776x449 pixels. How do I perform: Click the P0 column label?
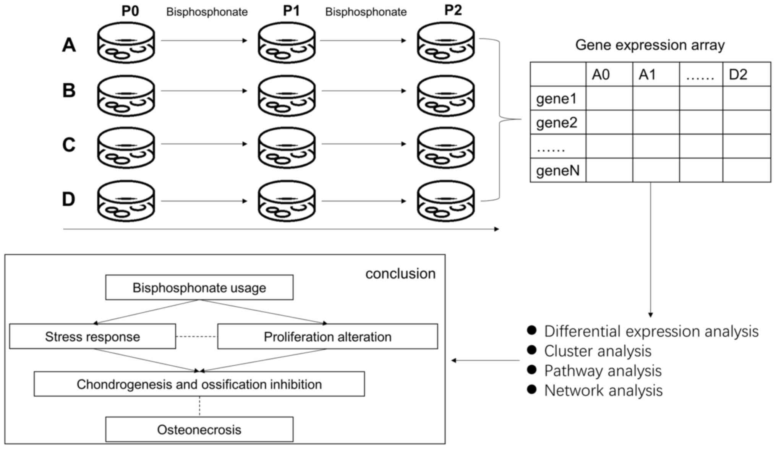130,11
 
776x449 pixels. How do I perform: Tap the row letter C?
69,145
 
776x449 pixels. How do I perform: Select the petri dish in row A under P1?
287,43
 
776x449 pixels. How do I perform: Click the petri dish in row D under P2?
446,201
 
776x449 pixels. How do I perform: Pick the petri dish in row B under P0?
126,96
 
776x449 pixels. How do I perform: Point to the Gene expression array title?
650,45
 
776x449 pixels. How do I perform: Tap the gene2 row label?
557,123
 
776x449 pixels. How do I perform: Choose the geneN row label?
558,170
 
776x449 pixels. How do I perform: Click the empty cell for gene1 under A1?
656,99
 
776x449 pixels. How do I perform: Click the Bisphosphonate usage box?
199,288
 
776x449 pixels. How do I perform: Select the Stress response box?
92,337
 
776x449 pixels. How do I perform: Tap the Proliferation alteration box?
327,337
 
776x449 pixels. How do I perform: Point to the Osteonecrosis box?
199,430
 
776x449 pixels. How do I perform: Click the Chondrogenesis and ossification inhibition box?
199,384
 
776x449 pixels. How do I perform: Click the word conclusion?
400,274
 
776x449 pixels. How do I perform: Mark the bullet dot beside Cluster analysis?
531,350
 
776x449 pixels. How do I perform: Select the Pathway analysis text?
603,371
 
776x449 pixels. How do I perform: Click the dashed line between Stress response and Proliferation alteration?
196,337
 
